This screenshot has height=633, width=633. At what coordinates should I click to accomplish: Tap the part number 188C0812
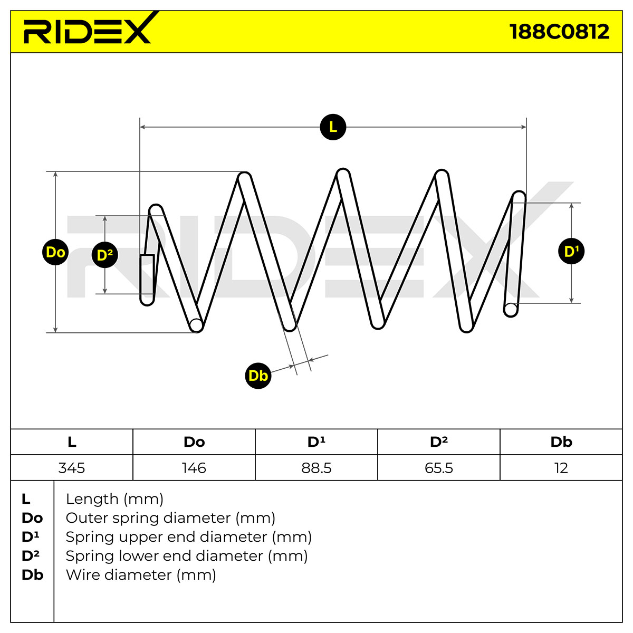[x=560, y=32]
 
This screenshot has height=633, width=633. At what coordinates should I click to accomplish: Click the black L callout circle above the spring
[x=333, y=127]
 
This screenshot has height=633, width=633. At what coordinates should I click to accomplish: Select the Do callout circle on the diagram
[x=55, y=252]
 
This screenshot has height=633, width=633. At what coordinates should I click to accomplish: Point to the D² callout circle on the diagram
[x=105, y=255]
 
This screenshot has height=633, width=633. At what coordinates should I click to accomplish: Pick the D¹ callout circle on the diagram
[x=571, y=251]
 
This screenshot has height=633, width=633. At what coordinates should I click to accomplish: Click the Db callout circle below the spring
[x=258, y=376]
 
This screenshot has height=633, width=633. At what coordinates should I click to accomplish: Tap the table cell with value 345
[x=72, y=468]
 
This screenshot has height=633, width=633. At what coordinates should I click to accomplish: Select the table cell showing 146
[x=194, y=468]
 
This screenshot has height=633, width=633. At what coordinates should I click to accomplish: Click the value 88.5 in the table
[x=316, y=468]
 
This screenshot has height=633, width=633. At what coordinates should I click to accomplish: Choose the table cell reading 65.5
[x=439, y=468]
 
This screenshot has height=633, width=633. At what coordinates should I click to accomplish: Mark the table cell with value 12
[x=561, y=468]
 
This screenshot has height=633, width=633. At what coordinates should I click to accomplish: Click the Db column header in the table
[x=561, y=442]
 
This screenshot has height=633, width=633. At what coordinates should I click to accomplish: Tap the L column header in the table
[x=72, y=442]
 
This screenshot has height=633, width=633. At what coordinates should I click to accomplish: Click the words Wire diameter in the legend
[x=119, y=575]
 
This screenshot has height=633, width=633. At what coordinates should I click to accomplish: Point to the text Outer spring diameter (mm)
[x=170, y=518]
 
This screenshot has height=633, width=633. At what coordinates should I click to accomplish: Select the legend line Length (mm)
[x=114, y=499]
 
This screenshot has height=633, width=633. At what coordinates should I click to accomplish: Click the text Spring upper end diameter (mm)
[x=188, y=537]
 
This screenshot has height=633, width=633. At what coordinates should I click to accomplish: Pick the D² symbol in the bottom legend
[x=30, y=556]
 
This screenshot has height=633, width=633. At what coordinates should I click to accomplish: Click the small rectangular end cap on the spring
[x=147, y=274]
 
